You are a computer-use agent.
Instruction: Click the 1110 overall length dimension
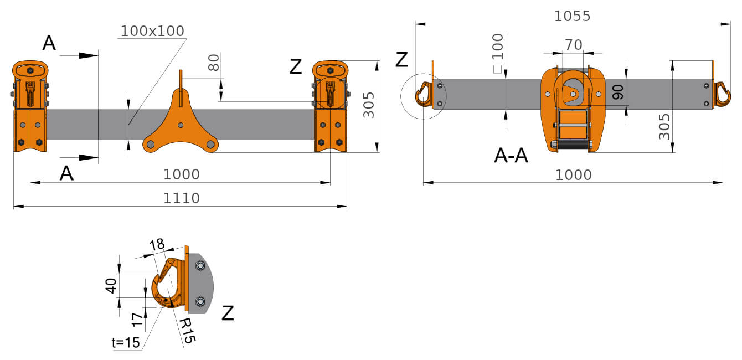coord(181,198)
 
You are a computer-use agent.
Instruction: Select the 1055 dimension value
coord(573,16)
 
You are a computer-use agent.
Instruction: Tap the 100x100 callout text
coord(152,31)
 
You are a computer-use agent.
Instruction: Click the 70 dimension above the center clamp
coord(573,45)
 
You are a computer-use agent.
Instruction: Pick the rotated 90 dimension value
coord(618,92)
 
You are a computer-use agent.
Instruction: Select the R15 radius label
coord(186,330)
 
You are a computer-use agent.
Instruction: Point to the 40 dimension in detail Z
coord(111,286)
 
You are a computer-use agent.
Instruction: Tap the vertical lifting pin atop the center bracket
coord(181,80)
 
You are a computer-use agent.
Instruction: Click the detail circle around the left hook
coord(423,95)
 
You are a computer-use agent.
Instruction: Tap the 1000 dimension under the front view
coord(181,174)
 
